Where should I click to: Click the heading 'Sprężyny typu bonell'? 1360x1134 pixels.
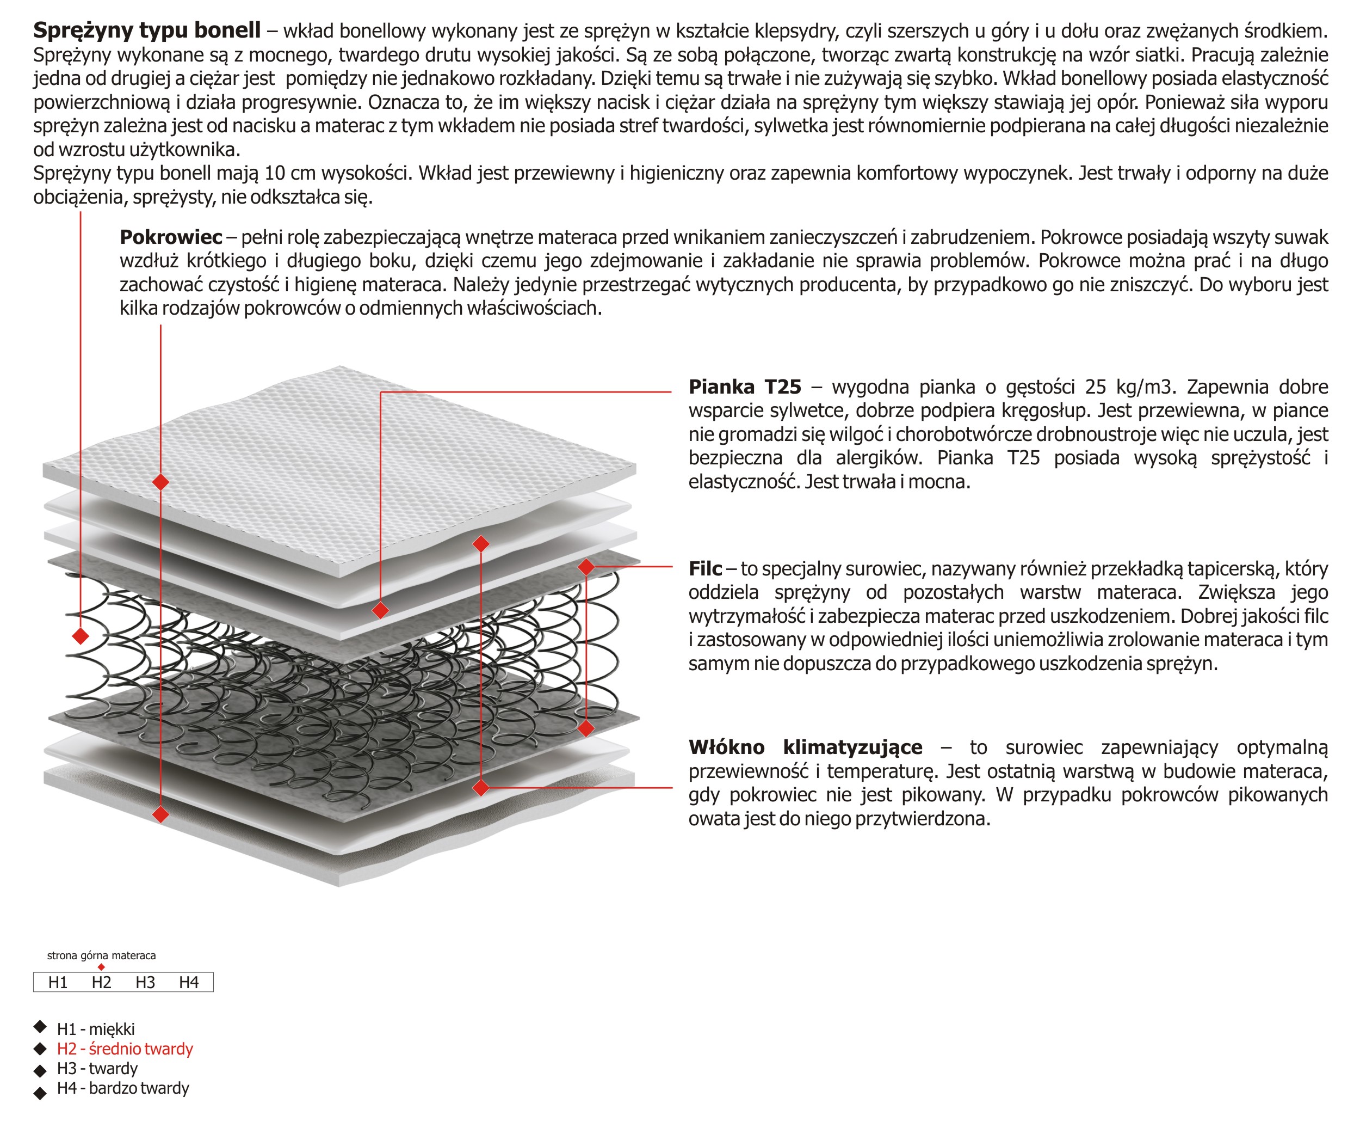[x=146, y=30]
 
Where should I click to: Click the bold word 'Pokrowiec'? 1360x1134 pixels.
[x=170, y=237]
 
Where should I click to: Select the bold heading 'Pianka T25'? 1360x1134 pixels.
[x=745, y=387]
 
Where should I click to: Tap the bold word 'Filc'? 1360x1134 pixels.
[x=704, y=568]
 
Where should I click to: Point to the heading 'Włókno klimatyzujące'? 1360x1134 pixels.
[x=805, y=747]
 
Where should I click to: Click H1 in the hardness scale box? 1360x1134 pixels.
[x=58, y=982]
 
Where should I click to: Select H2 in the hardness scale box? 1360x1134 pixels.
[x=101, y=982]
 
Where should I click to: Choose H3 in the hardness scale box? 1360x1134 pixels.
[x=145, y=982]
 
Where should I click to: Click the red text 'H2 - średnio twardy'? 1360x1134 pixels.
[x=125, y=1049]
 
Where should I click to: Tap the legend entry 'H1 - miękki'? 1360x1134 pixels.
[x=96, y=1029]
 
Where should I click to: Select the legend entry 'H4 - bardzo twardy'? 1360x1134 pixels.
[x=123, y=1088]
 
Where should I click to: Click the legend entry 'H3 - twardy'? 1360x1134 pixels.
[x=97, y=1069]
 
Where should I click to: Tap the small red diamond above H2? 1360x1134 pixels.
[x=101, y=967]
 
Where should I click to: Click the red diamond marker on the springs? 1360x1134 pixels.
[x=81, y=636]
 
